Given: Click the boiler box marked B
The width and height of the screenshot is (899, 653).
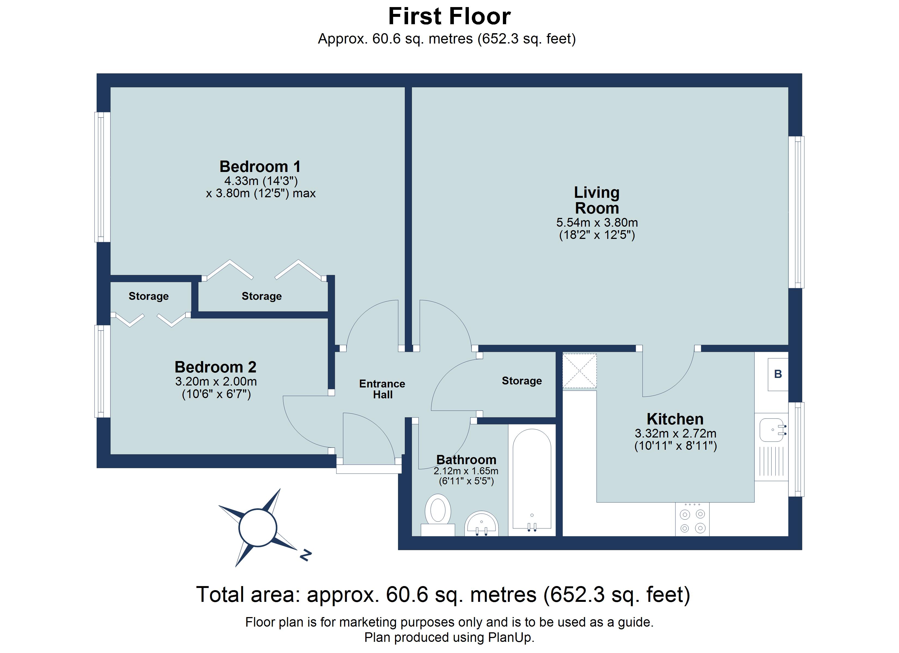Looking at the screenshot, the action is click(x=778, y=374).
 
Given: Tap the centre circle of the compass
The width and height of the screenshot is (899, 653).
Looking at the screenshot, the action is click(x=258, y=528).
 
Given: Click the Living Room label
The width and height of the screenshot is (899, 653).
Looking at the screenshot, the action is click(x=597, y=200).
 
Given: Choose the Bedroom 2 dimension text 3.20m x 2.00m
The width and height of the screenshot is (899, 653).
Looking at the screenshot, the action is click(x=216, y=381).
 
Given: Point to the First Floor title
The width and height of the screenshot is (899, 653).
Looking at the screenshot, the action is click(x=449, y=16).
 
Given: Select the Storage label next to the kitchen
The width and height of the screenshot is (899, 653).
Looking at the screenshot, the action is click(x=522, y=381).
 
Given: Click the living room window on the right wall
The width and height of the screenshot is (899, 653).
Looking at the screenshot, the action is click(x=796, y=212).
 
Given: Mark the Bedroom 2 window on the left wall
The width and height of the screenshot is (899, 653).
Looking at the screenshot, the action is click(x=102, y=371).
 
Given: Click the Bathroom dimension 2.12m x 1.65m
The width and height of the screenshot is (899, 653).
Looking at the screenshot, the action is click(x=466, y=471).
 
